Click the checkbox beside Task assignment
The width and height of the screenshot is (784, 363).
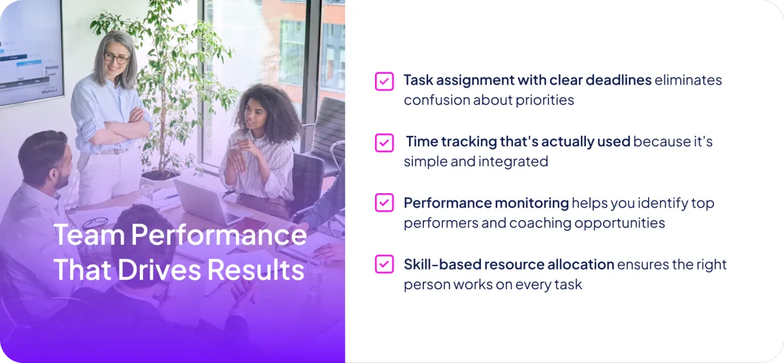tap(384, 82)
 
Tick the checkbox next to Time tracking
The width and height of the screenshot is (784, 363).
tap(384, 143)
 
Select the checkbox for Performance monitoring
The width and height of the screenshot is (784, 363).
tap(384, 203)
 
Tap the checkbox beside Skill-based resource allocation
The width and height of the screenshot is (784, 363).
tap(384, 264)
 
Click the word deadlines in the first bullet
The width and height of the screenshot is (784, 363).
tap(619, 80)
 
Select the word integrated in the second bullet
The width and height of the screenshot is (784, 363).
tap(513, 162)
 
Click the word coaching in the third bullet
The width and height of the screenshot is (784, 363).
tap(540, 223)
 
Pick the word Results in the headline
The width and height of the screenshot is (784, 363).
tap(256, 270)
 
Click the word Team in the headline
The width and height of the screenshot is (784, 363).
tap(90, 234)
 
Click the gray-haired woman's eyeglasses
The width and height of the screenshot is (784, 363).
tap(116, 58)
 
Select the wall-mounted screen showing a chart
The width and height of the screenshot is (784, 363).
tap(31, 52)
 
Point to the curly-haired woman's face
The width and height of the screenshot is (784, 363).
tap(253, 117)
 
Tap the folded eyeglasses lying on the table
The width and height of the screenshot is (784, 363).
tap(95, 223)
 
